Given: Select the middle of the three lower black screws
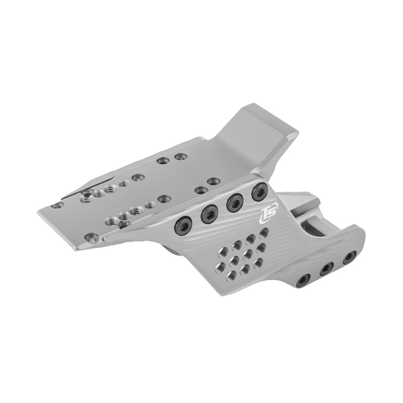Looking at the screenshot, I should pos(326,268).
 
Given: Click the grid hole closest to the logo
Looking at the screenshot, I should pos(263,232).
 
